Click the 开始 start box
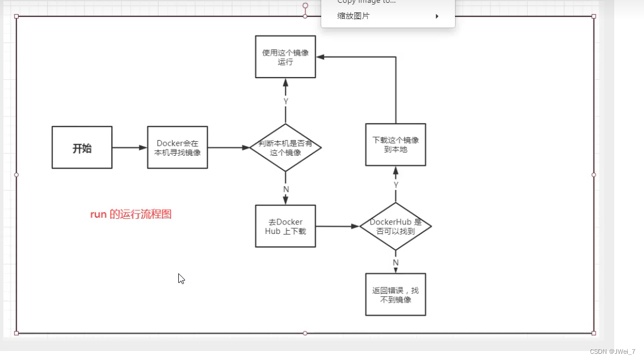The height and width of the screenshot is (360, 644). click(82, 147)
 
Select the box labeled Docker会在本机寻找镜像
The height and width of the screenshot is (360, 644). click(178, 147)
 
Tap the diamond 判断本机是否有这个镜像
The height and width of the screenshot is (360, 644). click(285, 148)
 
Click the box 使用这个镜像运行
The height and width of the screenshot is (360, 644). click(285, 57)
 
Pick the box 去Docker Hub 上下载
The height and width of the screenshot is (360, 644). click(285, 226)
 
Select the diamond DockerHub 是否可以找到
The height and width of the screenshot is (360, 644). click(395, 226)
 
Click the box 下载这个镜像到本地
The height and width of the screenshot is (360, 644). click(395, 145)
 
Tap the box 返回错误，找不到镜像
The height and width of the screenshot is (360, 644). click(395, 295)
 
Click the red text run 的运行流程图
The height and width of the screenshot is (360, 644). click(130, 214)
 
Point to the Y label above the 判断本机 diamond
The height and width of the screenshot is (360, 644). click(286, 102)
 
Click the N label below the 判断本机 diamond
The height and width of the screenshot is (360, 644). click(286, 189)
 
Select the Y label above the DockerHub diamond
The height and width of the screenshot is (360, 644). click(396, 184)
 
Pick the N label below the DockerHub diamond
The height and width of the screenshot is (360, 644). click(396, 262)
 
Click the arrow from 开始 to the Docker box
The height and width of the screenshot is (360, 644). click(129, 148)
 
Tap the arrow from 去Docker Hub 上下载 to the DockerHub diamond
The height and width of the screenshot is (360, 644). click(337, 226)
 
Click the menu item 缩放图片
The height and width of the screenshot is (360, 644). click(353, 16)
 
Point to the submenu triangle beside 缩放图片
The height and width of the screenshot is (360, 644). click(437, 16)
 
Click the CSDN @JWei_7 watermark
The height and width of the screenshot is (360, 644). click(613, 351)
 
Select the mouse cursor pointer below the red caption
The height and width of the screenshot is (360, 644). click(181, 278)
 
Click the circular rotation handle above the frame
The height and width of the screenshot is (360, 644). click(305, 6)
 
